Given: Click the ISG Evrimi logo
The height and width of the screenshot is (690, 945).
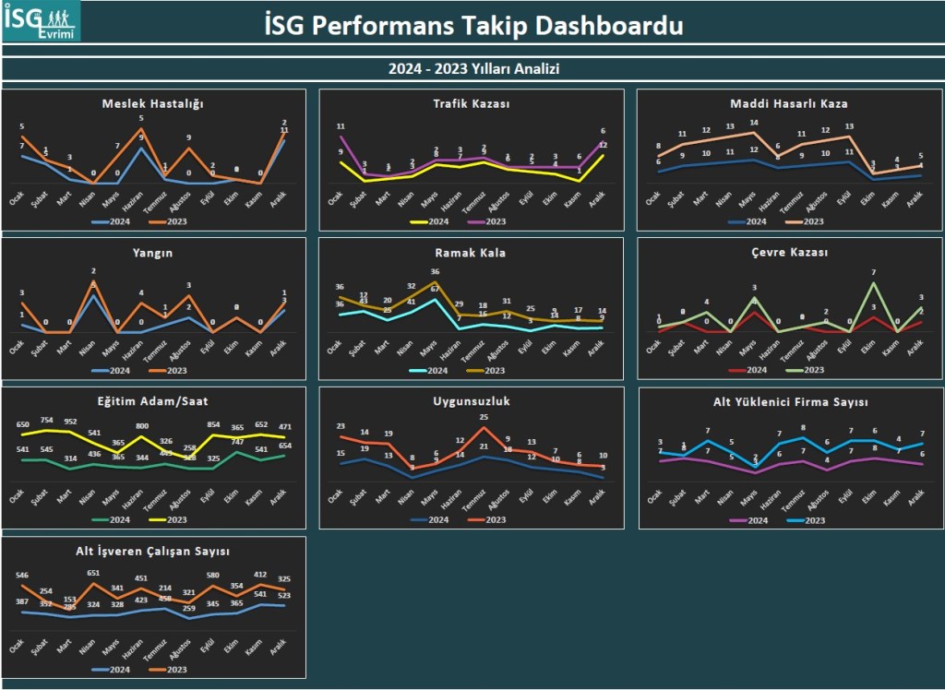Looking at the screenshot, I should click(x=41, y=21).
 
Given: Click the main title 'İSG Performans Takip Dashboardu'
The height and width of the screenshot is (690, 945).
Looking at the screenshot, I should click(x=472, y=25).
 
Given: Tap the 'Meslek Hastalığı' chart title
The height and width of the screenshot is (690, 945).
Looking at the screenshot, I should click(x=152, y=103).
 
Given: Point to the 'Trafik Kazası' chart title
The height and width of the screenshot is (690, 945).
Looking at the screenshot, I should click(x=472, y=103).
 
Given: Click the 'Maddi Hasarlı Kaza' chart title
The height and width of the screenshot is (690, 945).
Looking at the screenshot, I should click(x=789, y=103).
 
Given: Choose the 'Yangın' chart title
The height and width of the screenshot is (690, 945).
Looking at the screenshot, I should click(x=152, y=252).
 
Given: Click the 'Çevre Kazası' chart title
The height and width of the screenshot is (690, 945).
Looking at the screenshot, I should click(x=789, y=252).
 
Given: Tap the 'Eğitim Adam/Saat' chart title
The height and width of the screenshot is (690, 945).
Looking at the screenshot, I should click(x=152, y=401).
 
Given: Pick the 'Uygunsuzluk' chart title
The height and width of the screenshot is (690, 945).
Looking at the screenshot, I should click(x=472, y=401).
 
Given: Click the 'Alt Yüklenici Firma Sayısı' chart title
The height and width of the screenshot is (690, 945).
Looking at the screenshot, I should click(x=791, y=402).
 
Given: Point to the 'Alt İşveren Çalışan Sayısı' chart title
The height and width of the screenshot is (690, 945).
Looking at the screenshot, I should click(x=152, y=551).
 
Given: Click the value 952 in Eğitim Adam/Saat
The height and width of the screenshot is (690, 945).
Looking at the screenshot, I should click(x=70, y=422).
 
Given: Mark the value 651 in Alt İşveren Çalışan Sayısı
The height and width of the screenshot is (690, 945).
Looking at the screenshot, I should click(x=93, y=573).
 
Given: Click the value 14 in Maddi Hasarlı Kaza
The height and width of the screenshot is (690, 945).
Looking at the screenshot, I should click(x=752, y=123).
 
